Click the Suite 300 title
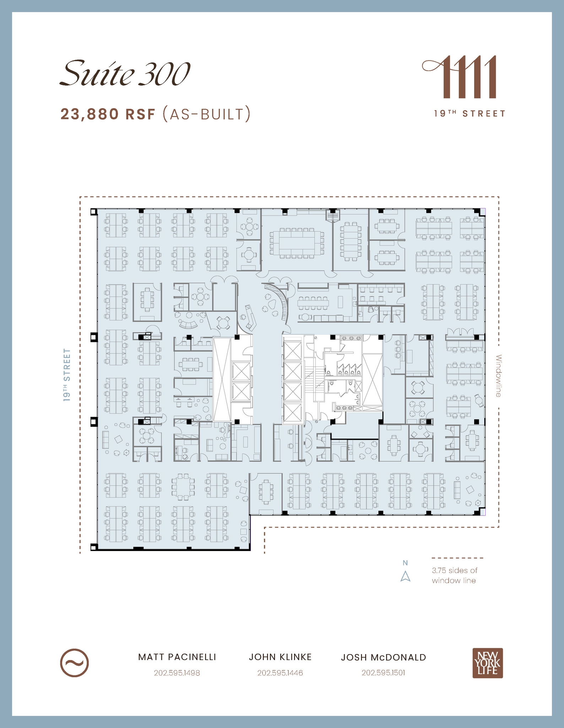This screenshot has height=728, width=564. click(125, 74)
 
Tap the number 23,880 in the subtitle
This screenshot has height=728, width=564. click(90, 114)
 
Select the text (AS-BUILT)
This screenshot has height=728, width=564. click(206, 114)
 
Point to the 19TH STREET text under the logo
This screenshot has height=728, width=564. click(470, 114)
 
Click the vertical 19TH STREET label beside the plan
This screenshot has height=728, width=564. click(67, 375)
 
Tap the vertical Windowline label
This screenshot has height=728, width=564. click(499, 375)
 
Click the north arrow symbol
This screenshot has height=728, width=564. click(405, 576)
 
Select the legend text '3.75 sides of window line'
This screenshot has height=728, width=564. click(455, 576)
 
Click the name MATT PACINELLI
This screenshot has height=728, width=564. click(177, 657)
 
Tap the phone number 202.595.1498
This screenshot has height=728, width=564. click(177, 673)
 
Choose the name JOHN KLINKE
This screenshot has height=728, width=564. click(280, 657)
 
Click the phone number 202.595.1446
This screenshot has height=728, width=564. click(280, 673)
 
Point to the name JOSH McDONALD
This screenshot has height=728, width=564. click(384, 658)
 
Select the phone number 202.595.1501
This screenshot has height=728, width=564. click(384, 673)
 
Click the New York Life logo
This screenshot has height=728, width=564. click(488, 663)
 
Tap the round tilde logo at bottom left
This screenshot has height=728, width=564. click(74, 663)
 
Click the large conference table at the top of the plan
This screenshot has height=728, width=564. click(297, 243)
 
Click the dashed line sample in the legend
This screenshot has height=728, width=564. click(457, 558)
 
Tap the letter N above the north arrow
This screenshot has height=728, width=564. click(405, 563)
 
